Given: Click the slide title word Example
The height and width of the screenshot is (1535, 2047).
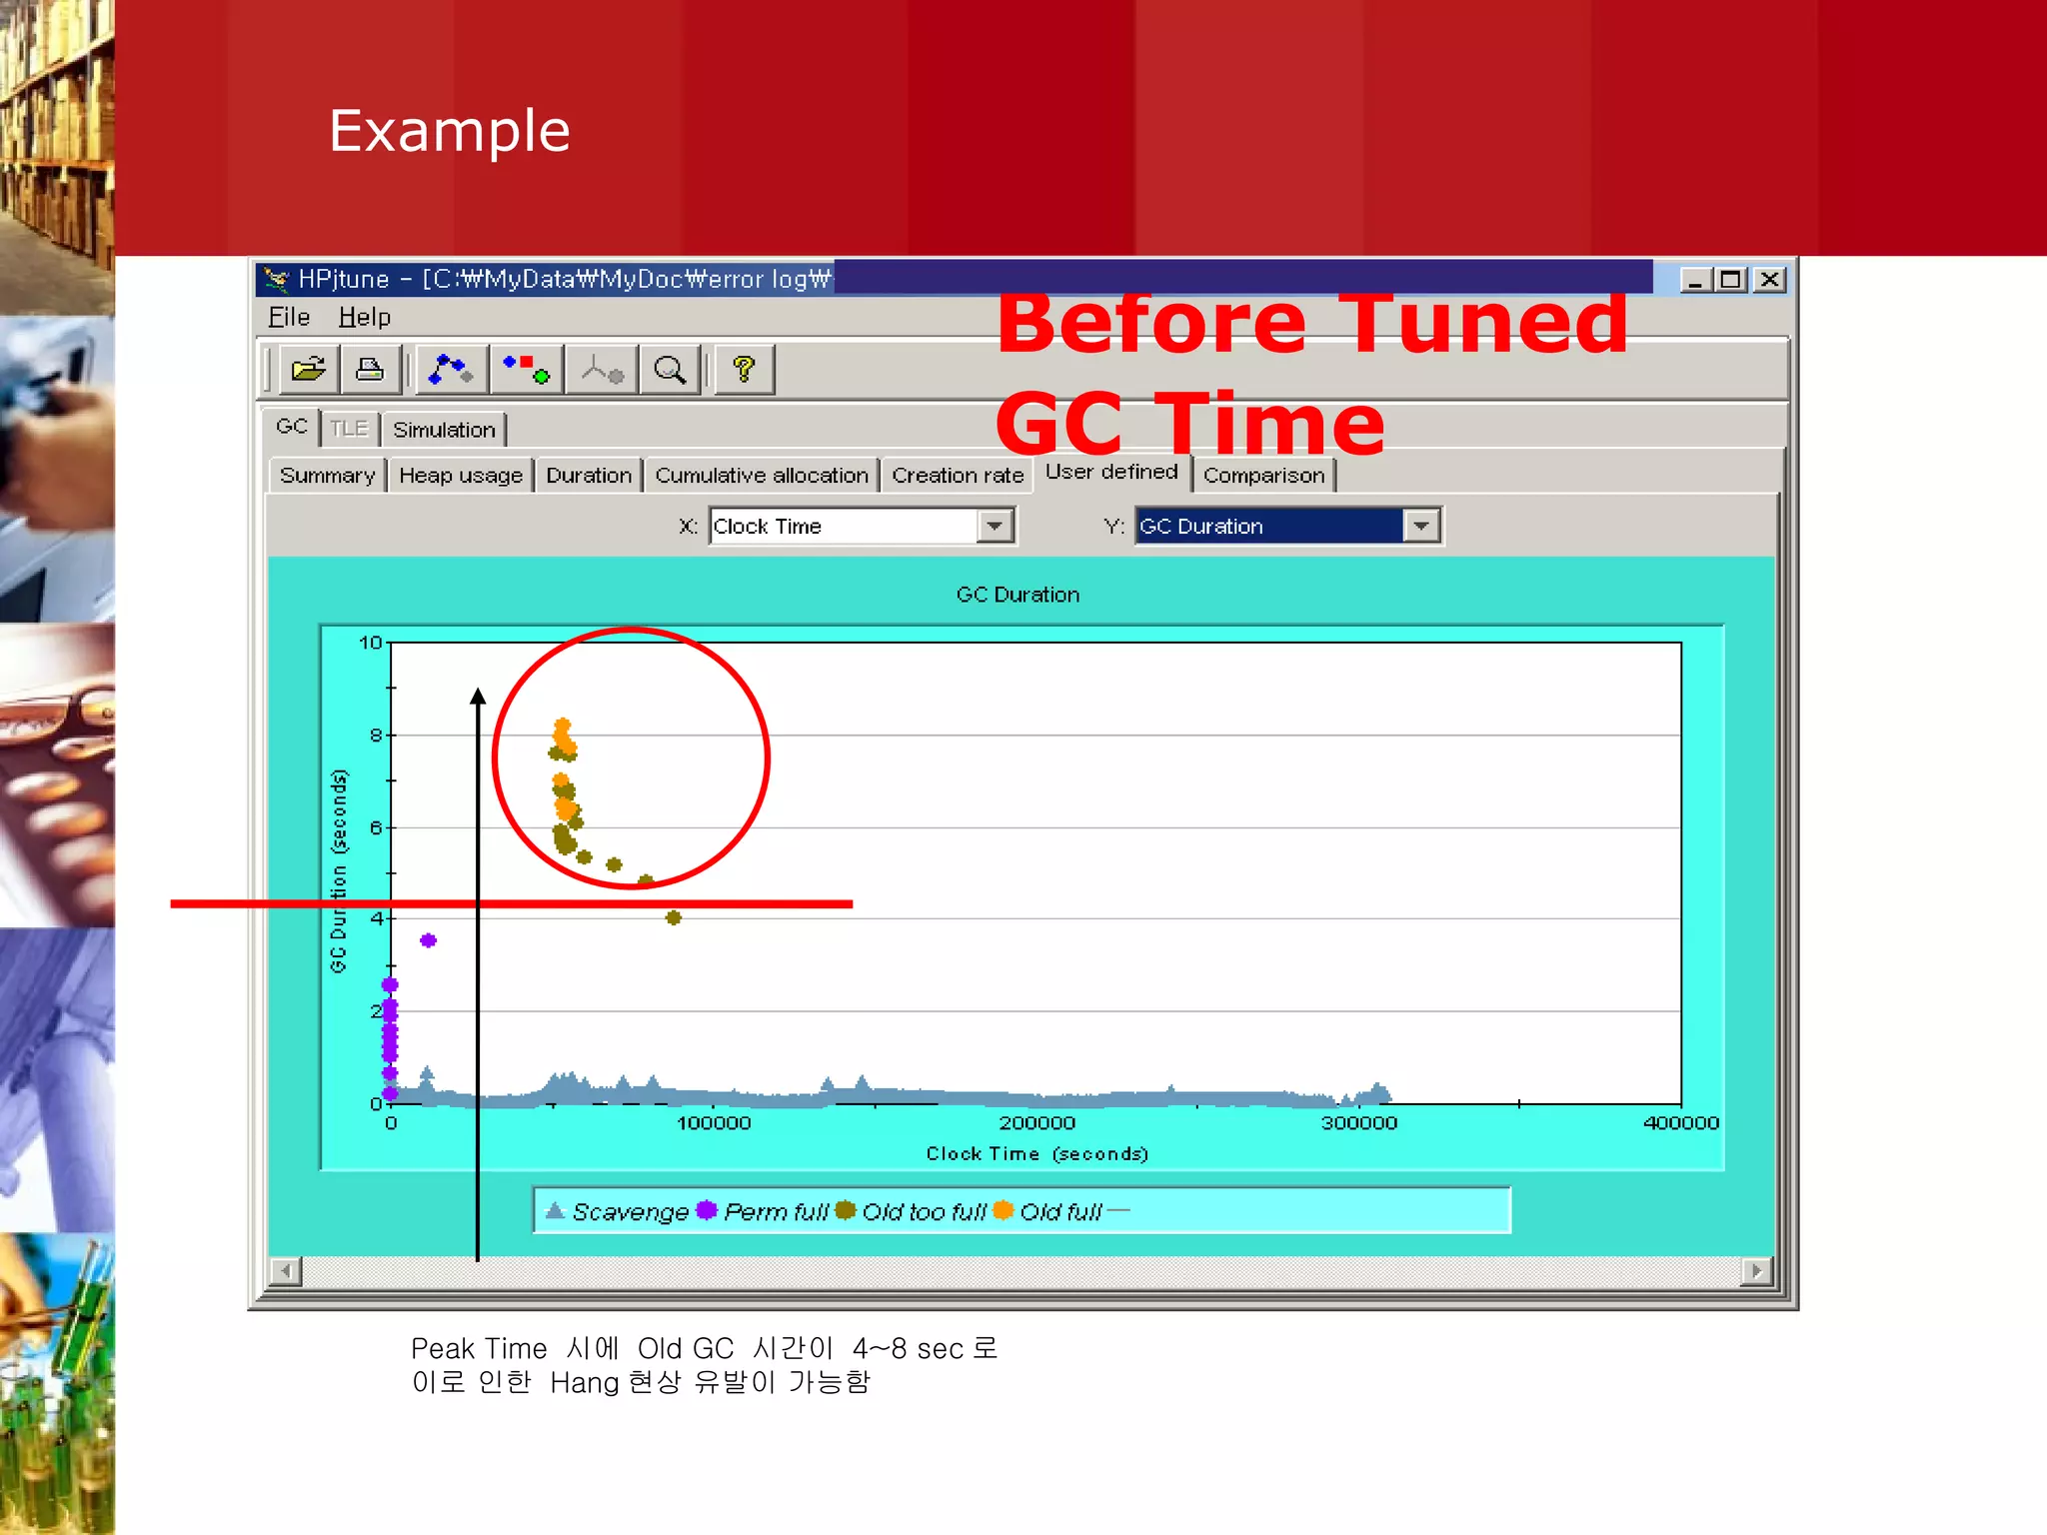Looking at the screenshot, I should pyautogui.click(x=449, y=131).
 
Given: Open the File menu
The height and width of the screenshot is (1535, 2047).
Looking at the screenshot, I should pyautogui.click(x=289, y=317).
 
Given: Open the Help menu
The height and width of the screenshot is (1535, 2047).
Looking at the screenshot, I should pyautogui.click(x=364, y=317).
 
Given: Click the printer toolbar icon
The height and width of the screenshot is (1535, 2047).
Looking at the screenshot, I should pyautogui.click(x=370, y=370).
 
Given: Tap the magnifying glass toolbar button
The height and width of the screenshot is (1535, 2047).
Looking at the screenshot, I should pyautogui.click(x=670, y=370).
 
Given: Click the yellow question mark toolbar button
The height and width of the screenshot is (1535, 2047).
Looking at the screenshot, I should pyautogui.click(x=744, y=370).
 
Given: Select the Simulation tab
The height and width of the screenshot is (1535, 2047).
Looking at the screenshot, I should pyautogui.click(x=444, y=430).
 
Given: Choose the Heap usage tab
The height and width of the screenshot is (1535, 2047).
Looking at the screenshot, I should pyautogui.click(x=461, y=476).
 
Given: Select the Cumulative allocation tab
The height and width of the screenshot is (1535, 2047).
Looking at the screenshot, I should pyautogui.click(x=762, y=476).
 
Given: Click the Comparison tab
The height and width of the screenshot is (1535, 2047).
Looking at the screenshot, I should pyautogui.click(x=1263, y=476).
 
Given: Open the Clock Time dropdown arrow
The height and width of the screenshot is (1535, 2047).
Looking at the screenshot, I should pyautogui.click(x=995, y=526).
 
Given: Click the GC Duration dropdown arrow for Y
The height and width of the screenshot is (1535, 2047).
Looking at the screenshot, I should pyautogui.click(x=1421, y=526).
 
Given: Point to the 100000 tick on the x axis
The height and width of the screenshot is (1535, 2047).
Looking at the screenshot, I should pyautogui.click(x=714, y=1123).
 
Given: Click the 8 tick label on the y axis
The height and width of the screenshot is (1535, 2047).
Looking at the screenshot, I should pyautogui.click(x=376, y=736).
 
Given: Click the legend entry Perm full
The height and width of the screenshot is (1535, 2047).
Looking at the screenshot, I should pyautogui.click(x=775, y=1212).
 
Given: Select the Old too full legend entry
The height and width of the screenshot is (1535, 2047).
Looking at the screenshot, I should pyautogui.click(x=923, y=1212).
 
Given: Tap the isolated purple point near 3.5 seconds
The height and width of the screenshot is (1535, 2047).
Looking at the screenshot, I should pyautogui.click(x=428, y=940).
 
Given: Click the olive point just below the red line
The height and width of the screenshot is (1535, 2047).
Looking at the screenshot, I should pyautogui.click(x=674, y=917).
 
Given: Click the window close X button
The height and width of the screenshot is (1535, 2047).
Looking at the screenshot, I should pyautogui.click(x=1769, y=280).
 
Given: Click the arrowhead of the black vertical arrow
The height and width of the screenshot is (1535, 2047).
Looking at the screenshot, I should pyautogui.click(x=478, y=697).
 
